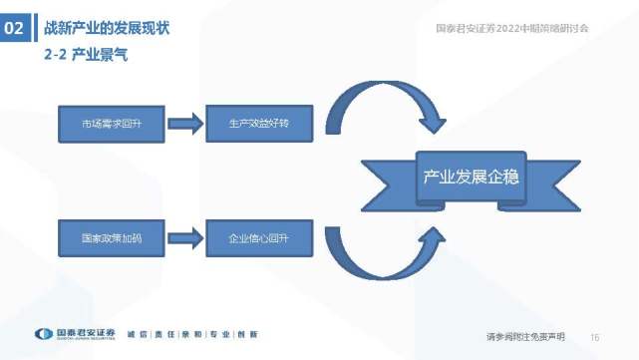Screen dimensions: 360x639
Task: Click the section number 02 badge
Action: coord(15,29)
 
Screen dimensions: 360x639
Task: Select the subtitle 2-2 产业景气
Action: coord(85,57)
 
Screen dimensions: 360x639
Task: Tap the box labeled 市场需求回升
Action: coord(111,125)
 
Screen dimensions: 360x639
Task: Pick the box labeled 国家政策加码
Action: coord(111,239)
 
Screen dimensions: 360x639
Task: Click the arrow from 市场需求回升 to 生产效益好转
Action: coord(185,125)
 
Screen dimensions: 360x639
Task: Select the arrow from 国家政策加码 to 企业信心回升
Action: coord(185,239)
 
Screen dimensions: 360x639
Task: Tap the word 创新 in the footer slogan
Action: coord(247,334)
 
